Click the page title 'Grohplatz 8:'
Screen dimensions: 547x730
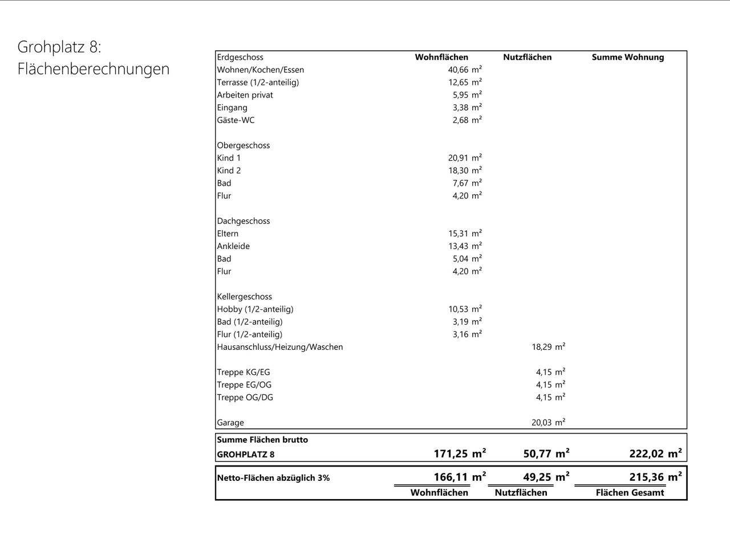[x=59, y=47]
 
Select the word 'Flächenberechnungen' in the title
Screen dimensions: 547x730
[x=94, y=69]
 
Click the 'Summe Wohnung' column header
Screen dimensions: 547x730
[x=627, y=57]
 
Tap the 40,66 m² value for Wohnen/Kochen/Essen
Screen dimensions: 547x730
[x=464, y=70]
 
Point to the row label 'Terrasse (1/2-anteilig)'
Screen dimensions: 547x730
[x=258, y=82]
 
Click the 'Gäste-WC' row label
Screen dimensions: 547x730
[x=236, y=120]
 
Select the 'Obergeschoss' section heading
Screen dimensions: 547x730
[x=243, y=145]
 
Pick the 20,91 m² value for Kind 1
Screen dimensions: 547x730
[x=464, y=158]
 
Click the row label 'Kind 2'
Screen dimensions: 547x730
[x=229, y=170]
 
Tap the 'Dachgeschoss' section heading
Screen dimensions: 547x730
[x=243, y=221]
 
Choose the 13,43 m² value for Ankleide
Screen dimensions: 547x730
[x=464, y=246]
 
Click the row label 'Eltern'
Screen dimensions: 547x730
[x=228, y=234]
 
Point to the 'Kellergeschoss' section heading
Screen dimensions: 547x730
[x=244, y=296]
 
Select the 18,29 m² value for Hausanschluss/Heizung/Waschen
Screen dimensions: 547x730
[x=548, y=346]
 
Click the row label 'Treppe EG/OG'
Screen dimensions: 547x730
[x=244, y=385]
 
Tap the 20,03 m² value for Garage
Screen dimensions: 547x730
[x=548, y=422]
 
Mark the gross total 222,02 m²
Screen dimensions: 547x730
[x=655, y=454]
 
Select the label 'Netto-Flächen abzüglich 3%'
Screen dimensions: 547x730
[x=273, y=478]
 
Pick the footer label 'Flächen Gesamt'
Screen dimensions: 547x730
[x=630, y=493]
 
